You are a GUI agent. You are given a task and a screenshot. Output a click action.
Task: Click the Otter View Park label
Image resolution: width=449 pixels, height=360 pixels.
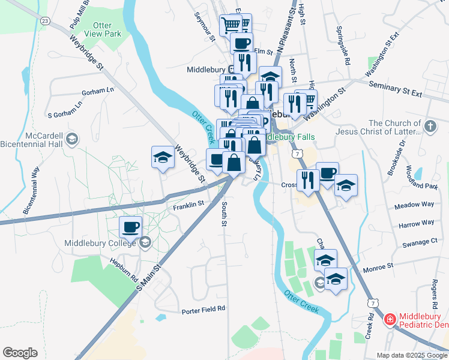point(107,29)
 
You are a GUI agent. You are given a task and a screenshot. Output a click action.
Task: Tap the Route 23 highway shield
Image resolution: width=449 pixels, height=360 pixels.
point(45,20)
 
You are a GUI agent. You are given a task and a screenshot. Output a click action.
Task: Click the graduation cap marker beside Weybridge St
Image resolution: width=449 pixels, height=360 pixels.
point(162,158)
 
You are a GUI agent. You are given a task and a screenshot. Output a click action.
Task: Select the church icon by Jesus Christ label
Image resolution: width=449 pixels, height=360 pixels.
point(430,126)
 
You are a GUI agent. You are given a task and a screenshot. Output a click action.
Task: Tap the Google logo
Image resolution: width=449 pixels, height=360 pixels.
point(20,353)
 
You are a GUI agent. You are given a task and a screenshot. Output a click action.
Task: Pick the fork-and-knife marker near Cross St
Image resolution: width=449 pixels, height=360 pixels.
point(307,180)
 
